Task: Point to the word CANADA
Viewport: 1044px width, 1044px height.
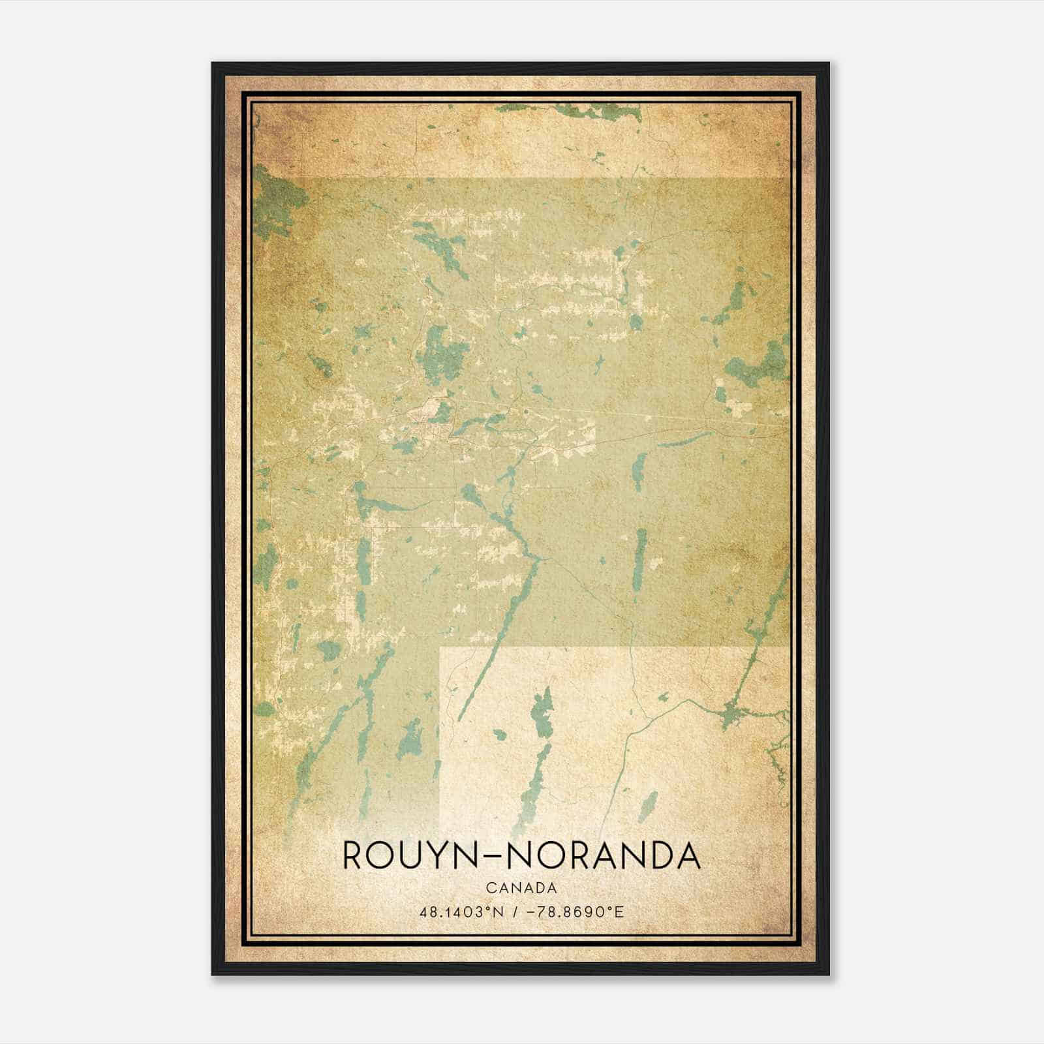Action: [x=521, y=888]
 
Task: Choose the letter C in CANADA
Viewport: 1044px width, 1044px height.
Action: [x=490, y=888]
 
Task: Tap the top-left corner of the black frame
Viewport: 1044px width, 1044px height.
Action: [x=213, y=63]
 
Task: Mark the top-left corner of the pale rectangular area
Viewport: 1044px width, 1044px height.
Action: [x=441, y=649]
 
